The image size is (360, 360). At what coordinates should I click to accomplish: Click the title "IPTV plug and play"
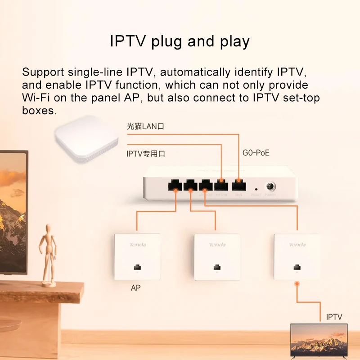pos(180,41)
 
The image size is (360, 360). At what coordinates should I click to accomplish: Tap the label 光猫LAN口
pos(145,127)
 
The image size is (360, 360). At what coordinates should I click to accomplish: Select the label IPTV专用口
pos(145,153)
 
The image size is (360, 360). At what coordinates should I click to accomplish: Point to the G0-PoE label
pos(256,153)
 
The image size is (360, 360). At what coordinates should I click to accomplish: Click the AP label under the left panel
pos(135,288)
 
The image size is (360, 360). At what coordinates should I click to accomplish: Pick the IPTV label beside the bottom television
pos(334,317)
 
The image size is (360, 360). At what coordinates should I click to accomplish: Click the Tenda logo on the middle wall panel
pos(217,245)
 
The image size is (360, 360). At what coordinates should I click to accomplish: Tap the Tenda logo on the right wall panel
pos(297,245)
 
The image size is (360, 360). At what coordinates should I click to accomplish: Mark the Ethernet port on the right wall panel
pos(297,267)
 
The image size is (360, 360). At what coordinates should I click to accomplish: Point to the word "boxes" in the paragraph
pos(39,111)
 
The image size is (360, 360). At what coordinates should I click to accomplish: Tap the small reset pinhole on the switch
pos(256,188)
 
